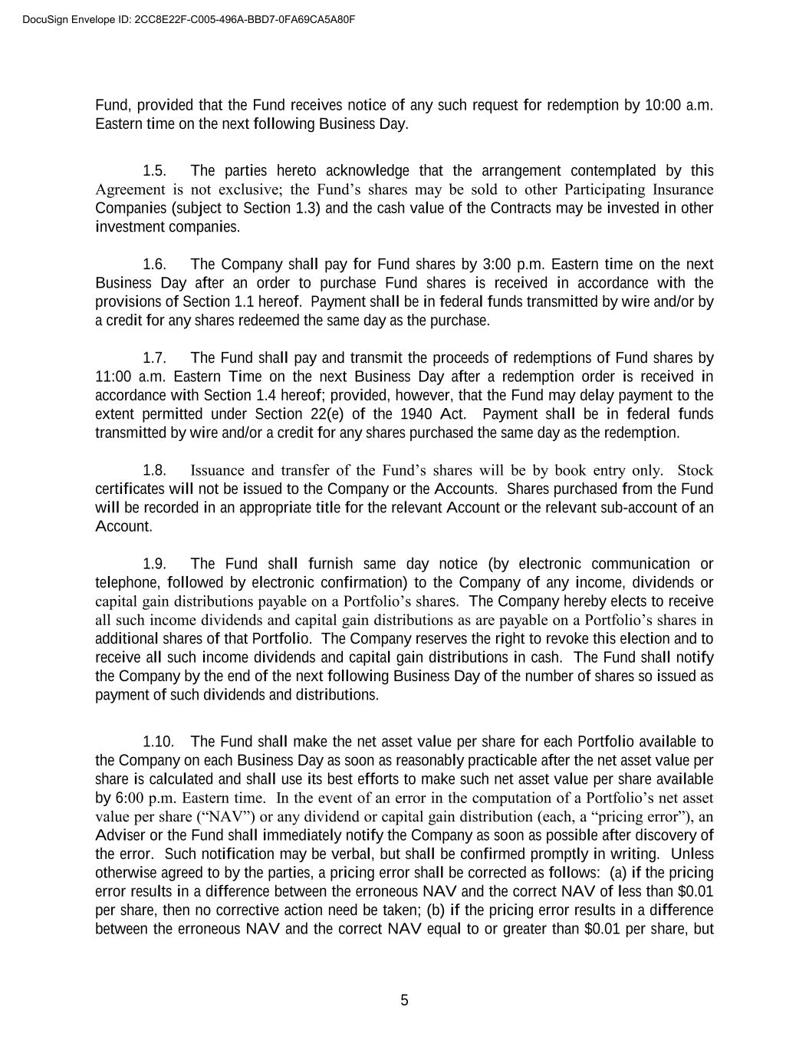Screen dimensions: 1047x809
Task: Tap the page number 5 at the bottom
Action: (x=404, y=1000)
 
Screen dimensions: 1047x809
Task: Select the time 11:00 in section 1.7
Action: (x=112, y=377)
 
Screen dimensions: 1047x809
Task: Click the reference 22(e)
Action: (x=376, y=414)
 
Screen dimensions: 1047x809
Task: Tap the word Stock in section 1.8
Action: (x=696, y=470)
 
